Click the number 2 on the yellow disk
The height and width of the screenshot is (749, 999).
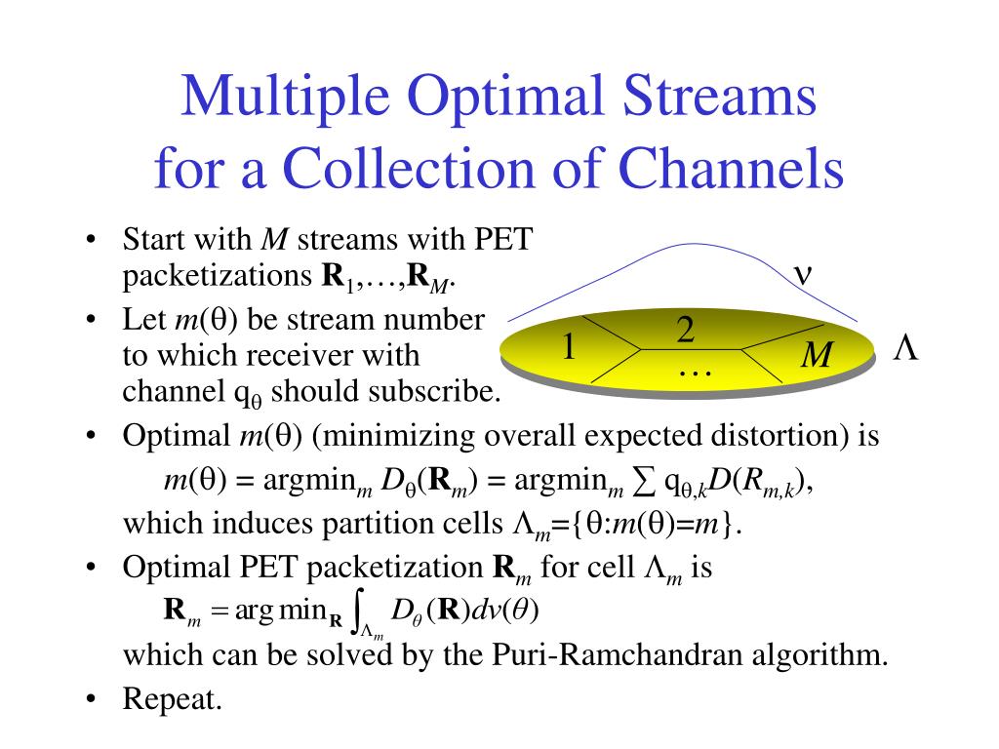click(685, 332)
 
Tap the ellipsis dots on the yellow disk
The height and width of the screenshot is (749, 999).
click(695, 371)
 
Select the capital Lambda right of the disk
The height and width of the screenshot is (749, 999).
click(906, 348)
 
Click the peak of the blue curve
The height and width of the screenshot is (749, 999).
click(686, 245)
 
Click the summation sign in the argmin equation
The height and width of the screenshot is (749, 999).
click(645, 481)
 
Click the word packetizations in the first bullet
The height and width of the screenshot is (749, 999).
click(214, 277)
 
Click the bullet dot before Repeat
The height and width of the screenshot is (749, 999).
click(91, 699)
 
